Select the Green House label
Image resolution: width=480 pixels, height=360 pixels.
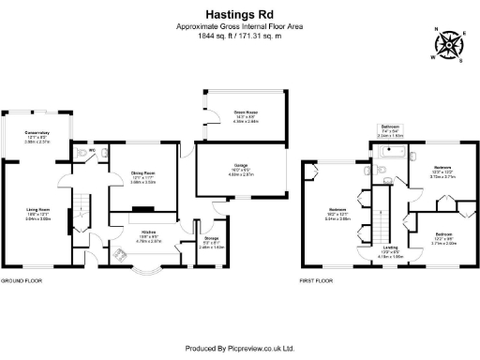point(233,113)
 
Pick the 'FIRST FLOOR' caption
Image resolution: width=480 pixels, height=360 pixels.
point(316,279)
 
